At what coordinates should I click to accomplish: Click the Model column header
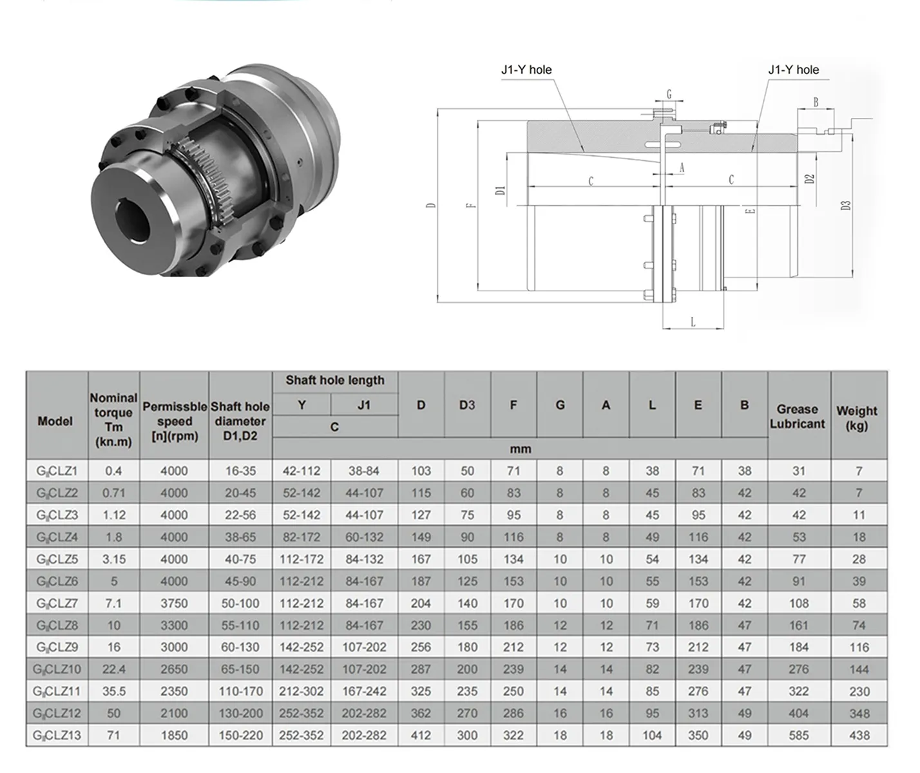pyautogui.click(x=55, y=421)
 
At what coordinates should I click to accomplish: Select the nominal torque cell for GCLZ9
pyautogui.click(x=113, y=647)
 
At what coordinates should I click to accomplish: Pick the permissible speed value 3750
pyautogui.click(x=174, y=604)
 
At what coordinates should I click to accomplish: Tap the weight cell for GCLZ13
pyautogui.click(x=859, y=735)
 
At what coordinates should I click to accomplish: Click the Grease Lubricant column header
pyautogui.click(x=798, y=417)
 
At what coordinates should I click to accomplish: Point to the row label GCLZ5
pyautogui.click(x=57, y=559)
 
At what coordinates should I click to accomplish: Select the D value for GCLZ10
pyautogui.click(x=421, y=669)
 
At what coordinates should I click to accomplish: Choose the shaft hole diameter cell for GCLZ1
pyautogui.click(x=240, y=471)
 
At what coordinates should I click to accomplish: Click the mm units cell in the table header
pyautogui.click(x=520, y=449)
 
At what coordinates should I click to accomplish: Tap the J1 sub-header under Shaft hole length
pyautogui.click(x=364, y=405)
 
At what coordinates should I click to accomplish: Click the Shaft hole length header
pyautogui.click(x=335, y=380)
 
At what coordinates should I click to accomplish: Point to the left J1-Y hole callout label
pyautogui.click(x=526, y=70)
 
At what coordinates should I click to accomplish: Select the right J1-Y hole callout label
pyautogui.click(x=793, y=70)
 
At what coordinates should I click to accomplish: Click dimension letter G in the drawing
pyautogui.click(x=669, y=95)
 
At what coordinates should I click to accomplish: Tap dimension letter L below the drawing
pyautogui.click(x=693, y=322)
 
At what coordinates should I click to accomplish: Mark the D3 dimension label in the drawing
pyautogui.click(x=846, y=205)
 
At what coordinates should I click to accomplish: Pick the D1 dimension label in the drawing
pyautogui.click(x=500, y=189)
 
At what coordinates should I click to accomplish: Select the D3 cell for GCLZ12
pyautogui.click(x=467, y=713)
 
